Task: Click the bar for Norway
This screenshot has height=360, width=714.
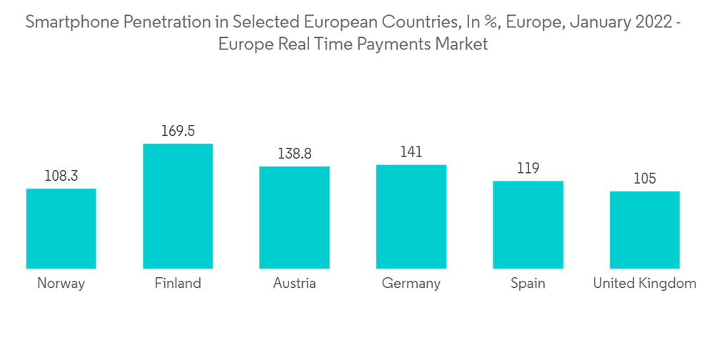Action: click(x=61, y=229)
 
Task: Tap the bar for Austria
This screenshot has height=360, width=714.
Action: click(x=294, y=217)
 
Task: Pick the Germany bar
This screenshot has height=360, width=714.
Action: click(x=411, y=216)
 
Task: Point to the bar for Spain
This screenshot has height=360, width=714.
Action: click(x=528, y=224)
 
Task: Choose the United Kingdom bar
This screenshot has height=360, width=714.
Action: click(x=644, y=229)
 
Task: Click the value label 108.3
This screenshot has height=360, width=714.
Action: click(x=61, y=176)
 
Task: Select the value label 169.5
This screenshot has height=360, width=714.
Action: click(x=178, y=131)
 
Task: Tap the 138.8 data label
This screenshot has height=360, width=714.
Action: click(x=294, y=154)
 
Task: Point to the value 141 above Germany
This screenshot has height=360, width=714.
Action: click(x=411, y=151)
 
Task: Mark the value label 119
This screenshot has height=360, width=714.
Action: click(x=528, y=168)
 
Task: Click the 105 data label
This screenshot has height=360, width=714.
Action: click(x=644, y=179)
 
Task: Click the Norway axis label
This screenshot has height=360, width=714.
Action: click(x=61, y=284)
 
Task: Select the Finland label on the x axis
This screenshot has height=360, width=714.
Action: click(x=178, y=284)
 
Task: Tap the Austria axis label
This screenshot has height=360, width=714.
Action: click(x=294, y=284)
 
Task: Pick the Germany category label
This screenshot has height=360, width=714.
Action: click(x=411, y=284)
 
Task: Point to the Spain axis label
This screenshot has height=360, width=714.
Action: click(x=528, y=284)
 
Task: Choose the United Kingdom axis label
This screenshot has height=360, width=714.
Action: click(x=644, y=284)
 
